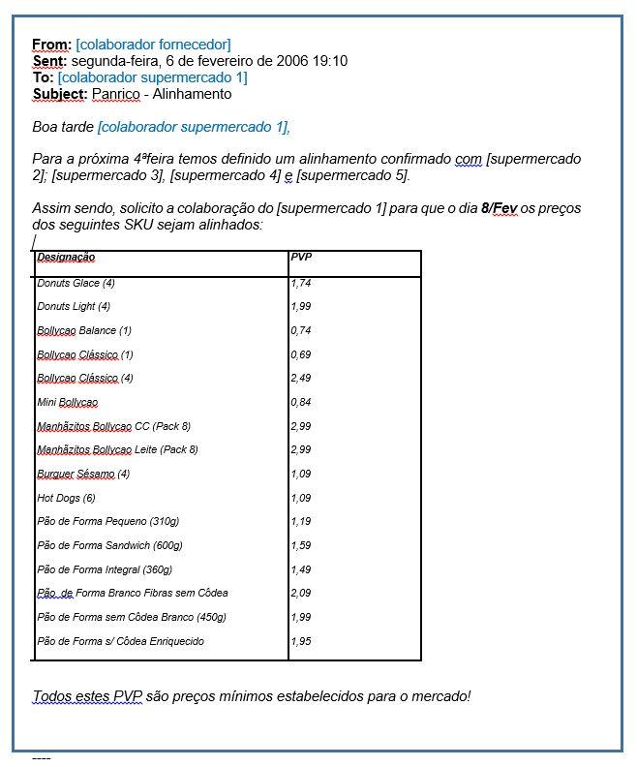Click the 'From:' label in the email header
pyautogui.click(x=51, y=45)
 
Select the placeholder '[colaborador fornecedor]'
pyautogui.click(x=153, y=45)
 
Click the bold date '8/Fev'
pyautogui.click(x=500, y=208)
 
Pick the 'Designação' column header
pyautogui.click(x=66, y=258)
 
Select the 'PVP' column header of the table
pyautogui.click(x=301, y=258)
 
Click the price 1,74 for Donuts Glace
pyautogui.click(x=301, y=284)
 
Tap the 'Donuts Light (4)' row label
pyautogui.click(x=75, y=307)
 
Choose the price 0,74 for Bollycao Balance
pyautogui.click(x=301, y=330)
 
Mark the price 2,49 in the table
pyautogui.click(x=301, y=378)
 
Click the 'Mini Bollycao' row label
pyautogui.click(x=67, y=402)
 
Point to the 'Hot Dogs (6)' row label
pyautogui.click(x=66, y=498)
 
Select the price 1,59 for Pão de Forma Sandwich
pyautogui.click(x=301, y=545)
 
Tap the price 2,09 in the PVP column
pyautogui.click(x=301, y=593)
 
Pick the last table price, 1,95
pyautogui.click(x=301, y=641)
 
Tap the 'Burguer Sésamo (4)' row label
pyautogui.click(x=83, y=474)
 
